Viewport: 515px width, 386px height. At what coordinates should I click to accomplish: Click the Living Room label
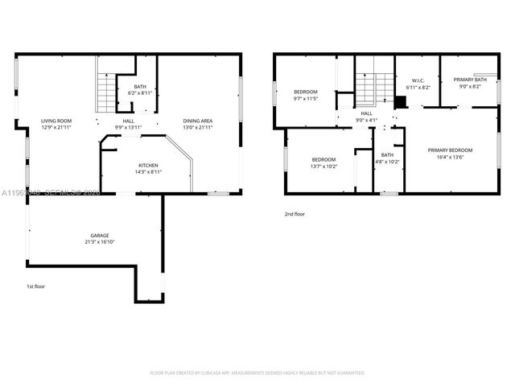click(56, 121)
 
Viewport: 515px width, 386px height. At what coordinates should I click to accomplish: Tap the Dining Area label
click(198, 121)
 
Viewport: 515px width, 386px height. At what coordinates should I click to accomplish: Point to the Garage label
click(100, 235)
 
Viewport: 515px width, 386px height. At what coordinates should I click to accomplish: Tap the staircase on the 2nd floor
click(366, 88)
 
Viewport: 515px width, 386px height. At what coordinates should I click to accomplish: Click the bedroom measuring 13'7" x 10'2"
click(323, 162)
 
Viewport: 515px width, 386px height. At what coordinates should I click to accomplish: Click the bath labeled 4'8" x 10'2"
click(387, 158)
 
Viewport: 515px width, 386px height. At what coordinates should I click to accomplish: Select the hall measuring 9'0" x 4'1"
click(366, 117)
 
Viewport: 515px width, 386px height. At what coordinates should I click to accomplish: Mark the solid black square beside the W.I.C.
click(399, 101)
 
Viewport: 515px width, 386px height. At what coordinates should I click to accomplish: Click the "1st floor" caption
click(36, 286)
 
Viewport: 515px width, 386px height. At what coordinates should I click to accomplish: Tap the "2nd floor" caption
click(295, 214)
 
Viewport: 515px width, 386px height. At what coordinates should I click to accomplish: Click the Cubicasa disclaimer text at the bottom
click(257, 372)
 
